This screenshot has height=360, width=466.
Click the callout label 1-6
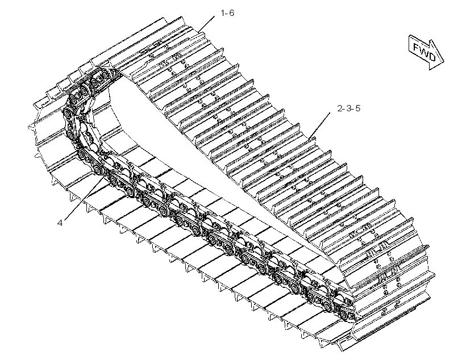(x=227, y=13)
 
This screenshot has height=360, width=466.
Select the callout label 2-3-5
(x=348, y=108)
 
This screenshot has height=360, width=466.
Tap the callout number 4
(x=60, y=223)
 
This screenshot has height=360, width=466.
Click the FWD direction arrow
(x=426, y=52)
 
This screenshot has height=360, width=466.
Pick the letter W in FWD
(x=424, y=51)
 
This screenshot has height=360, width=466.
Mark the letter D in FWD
(x=431, y=56)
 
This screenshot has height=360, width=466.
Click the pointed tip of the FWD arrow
(x=443, y=62)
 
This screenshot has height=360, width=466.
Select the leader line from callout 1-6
(x=206, y=23)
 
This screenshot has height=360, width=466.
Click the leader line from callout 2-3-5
(x=319, y=126)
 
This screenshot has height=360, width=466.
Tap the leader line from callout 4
(x=84, y=198)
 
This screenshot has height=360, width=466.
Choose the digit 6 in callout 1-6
(x=231, y=13)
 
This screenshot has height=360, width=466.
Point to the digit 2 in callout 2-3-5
(x=340, y=108)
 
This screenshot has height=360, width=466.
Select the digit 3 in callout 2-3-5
(x=348, y=108)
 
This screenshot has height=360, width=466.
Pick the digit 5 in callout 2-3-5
(x=357, y=108)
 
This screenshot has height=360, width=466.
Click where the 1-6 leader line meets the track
(x=198, y=31)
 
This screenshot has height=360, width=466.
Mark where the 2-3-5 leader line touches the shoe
(x=309, y=139)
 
